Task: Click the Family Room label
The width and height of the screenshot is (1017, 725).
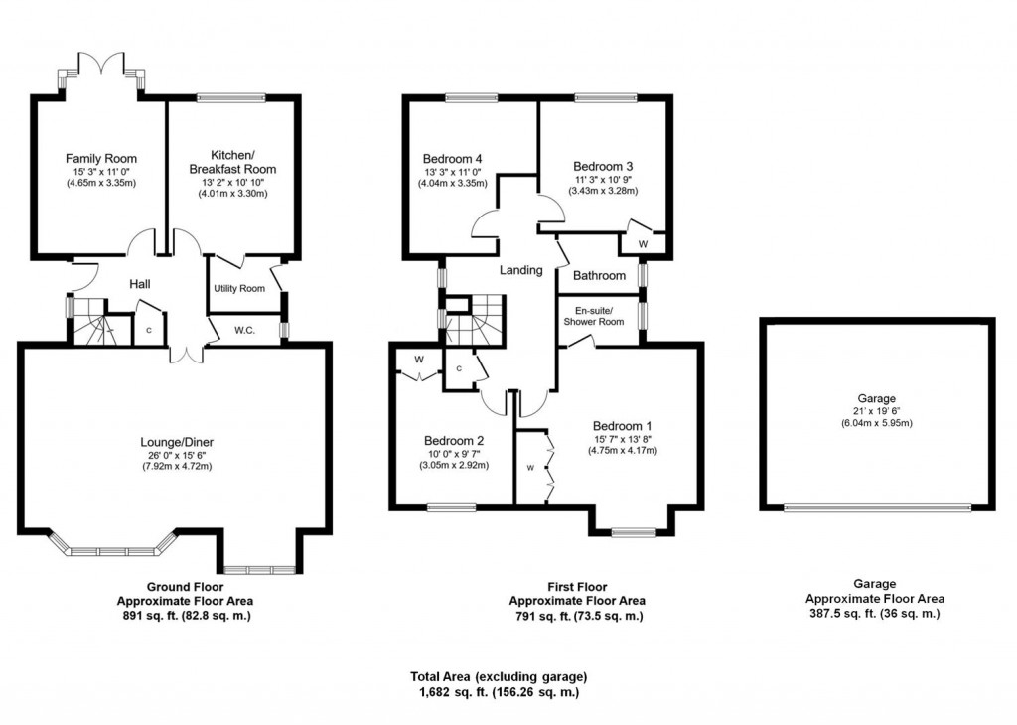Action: (x=101, y=159)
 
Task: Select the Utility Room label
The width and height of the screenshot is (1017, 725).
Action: (x=239, y=289)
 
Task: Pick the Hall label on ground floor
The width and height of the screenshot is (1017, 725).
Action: (x=140, y=285)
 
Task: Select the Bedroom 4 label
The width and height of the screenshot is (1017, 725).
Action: (x=453, y=158)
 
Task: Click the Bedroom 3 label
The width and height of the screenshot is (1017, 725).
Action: (x=603, y=166)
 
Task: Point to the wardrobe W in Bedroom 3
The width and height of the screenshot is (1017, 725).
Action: (x=643, y=243)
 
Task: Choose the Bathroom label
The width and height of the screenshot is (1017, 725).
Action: (x=599, y=275)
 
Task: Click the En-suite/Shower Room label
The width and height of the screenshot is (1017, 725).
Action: (x=594, y=315)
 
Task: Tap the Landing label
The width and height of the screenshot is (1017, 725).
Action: (x=520, y=270)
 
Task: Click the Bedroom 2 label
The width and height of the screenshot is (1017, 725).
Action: (x=453, y=441)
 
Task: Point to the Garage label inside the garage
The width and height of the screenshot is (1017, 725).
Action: (x=877, y=398)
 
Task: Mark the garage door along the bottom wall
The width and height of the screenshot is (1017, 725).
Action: (x=877, y=507)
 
